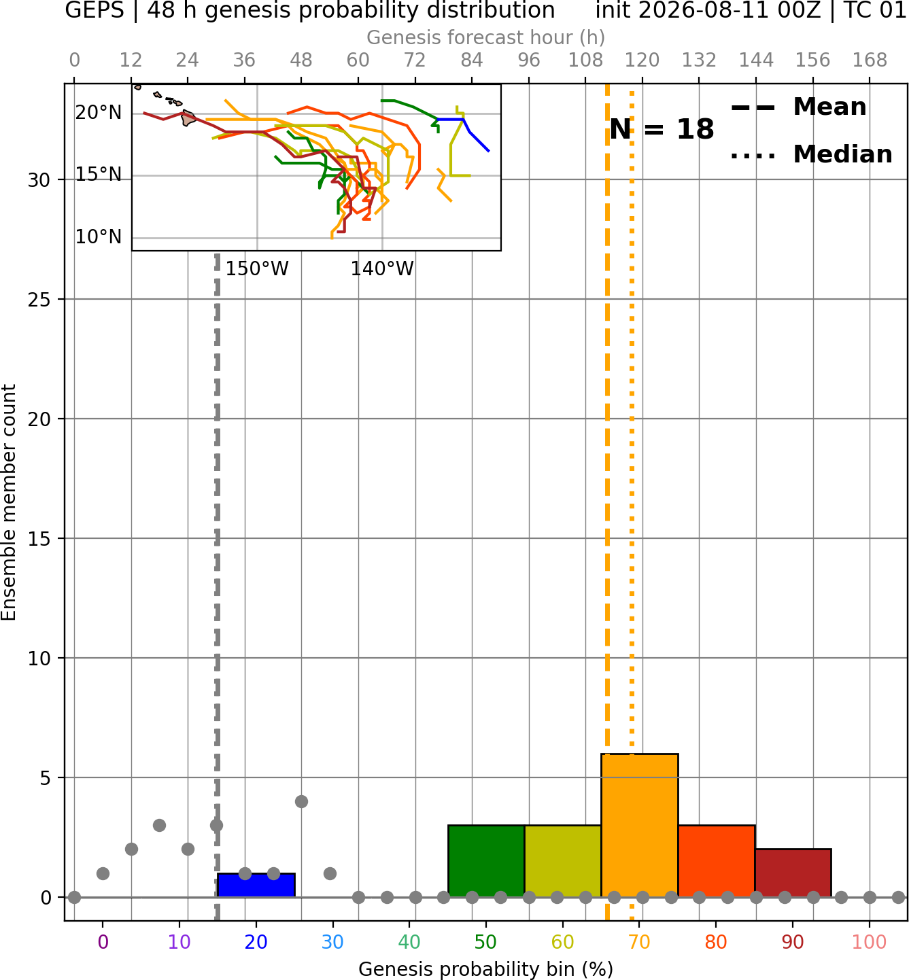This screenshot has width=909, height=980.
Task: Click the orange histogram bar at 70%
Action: tap(639, 825)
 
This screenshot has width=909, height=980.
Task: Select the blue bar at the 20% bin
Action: tap(256, 886)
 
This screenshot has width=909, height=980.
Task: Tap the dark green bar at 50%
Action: tap(486, 861)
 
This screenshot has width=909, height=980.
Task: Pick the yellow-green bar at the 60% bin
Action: tap(563, 861)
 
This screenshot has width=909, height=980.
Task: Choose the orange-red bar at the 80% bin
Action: tap(717, 861)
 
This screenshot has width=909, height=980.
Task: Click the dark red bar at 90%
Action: tap(793, 873)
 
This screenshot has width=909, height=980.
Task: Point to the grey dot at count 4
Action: tap(302, 802)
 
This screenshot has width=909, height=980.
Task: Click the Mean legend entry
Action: tap(798, 107)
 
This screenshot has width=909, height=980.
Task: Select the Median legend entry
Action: tap(812, 154)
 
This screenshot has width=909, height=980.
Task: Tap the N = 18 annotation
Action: tap(662, 129)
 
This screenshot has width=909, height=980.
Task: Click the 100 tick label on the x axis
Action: tap(870, 942)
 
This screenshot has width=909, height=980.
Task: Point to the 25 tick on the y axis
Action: tap(39, 300)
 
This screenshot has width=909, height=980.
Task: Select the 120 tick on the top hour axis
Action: tap(642, 60)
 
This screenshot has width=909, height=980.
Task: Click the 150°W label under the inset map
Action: tap(257, 269)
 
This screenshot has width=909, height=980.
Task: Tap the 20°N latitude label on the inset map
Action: tap(99, 113)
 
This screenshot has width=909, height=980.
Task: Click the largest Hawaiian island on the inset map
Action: tap(188, 118)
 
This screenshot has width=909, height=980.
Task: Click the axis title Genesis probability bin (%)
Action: tap(486, 969)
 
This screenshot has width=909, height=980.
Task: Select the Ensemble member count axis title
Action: tap(9, 502)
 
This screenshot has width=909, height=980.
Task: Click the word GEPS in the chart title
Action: tap(95, 10)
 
